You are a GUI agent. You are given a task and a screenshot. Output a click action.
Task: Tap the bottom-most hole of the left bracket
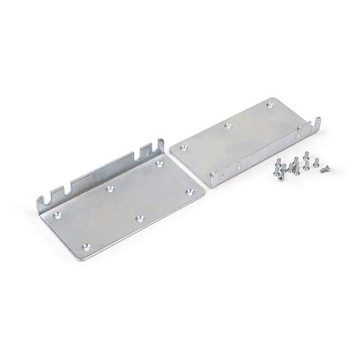tap(85, 246)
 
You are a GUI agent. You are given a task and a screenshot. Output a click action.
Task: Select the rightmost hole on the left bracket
tap(190, 192)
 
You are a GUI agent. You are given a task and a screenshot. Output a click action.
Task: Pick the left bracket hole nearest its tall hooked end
tap(159, 164)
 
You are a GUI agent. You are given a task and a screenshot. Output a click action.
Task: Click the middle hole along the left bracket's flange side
tap(110, 189)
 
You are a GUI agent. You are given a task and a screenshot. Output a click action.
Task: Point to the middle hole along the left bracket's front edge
tap(140, 218)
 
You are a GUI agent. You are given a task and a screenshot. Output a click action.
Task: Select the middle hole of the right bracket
tap(227, 126)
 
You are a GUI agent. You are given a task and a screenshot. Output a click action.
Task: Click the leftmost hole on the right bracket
tap(184, 148)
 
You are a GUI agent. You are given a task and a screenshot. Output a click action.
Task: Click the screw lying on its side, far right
tap(325, 169)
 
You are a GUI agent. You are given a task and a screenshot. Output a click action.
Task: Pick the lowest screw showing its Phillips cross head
tap(280, 178)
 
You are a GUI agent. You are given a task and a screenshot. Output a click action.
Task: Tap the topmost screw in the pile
tap(306, 155)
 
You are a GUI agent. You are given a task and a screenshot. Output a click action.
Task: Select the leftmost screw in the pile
tap(276, 164)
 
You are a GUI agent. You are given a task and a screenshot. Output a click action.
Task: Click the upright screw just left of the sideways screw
tap(316, 163)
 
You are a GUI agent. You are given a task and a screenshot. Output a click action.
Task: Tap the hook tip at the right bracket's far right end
tap(318, 120)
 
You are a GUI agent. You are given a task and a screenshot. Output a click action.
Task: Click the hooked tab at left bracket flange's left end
tap(40, 202)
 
